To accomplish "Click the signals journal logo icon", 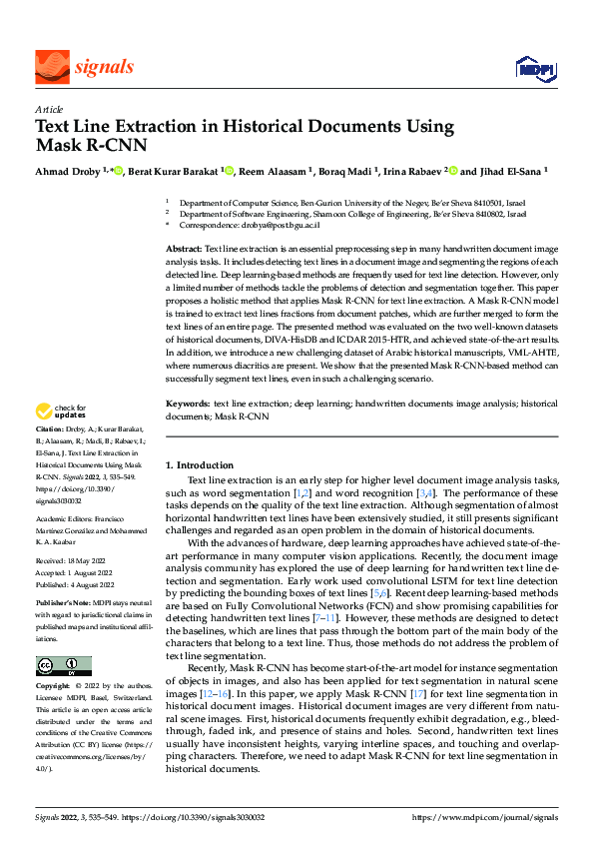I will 50,66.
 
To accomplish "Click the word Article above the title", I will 49,110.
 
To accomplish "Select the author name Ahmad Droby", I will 67,171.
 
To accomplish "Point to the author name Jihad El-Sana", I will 508,171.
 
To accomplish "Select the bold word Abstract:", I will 183,247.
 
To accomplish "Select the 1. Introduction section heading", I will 199,465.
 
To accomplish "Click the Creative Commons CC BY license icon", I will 63,666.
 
